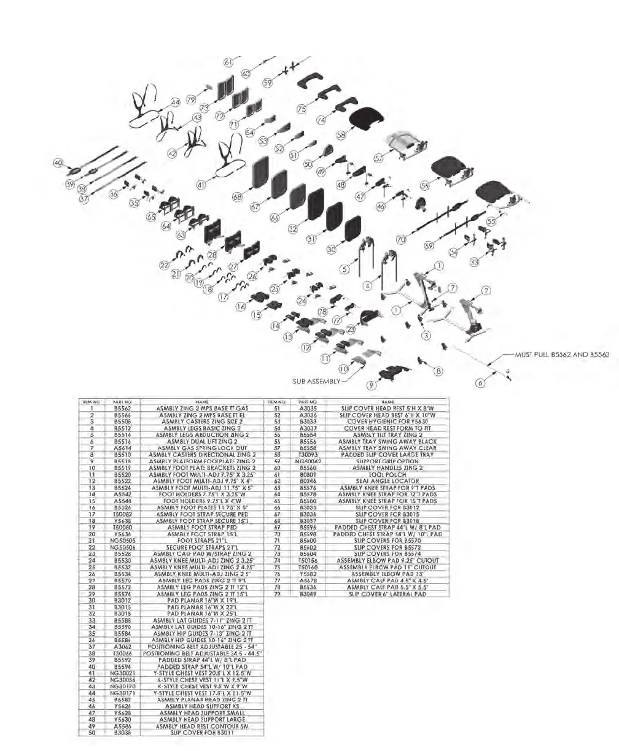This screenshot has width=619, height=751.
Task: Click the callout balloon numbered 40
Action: pyautogui.click(x=58, y=163)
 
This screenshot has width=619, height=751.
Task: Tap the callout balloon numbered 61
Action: pyautogui.click(x=228, y=62)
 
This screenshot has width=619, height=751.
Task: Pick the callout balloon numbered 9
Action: pyautogui.click(x=371, y=385)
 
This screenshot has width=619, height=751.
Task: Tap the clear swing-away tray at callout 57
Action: pyautogui.click(x=408, y=142)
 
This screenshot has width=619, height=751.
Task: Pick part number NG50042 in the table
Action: pyautogui.click(x=305, y=461)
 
